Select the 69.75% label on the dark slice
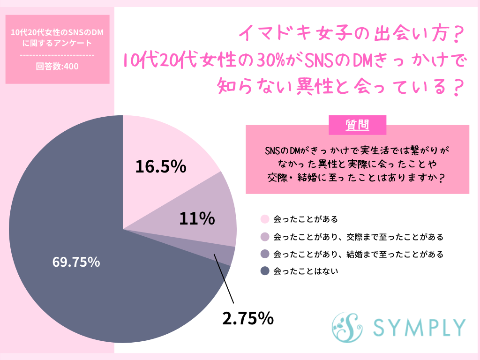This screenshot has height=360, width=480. pyautogui.click(x=76, y=262)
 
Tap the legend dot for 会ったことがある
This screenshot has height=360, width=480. pyautogui.click(x=265, y=219)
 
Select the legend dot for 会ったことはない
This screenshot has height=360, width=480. pyautogui.click(x=265, y=271)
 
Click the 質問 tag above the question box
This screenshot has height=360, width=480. pyautogui.click(x=357, y=125)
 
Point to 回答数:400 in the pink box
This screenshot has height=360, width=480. pyautogui.click(x=57, y=66)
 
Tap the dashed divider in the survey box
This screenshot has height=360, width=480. pyautogui.click(x=57, y=55)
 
